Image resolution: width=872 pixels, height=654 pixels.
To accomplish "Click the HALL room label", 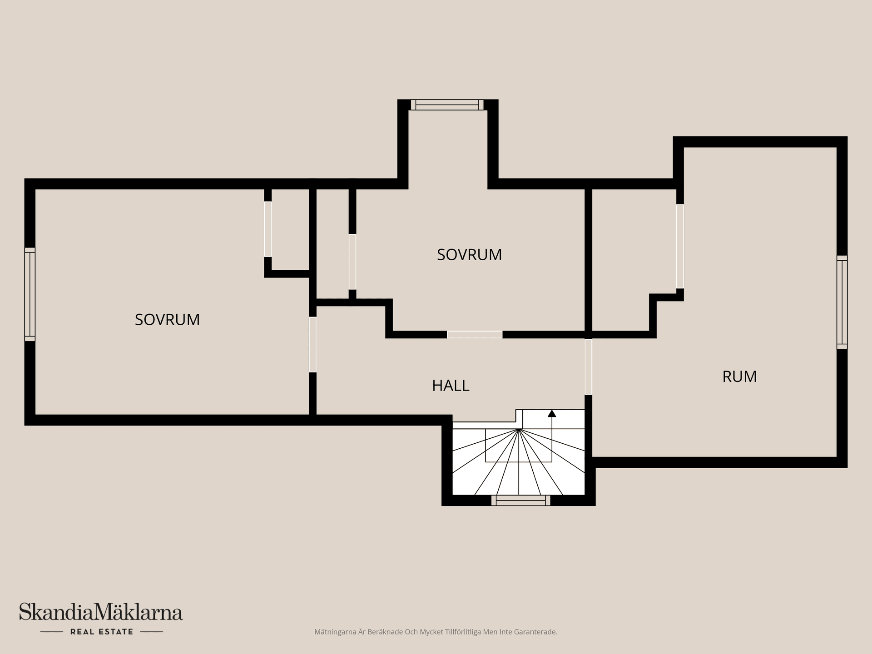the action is (x=451, y=386).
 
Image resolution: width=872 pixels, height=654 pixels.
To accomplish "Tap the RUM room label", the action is (x=739, y=377).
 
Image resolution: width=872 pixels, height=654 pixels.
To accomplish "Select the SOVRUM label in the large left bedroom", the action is (x=167, y=320).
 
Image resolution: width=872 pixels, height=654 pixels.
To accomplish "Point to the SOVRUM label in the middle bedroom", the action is (x=469, y=254).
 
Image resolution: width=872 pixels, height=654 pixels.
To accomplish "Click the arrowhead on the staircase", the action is (x=552, y=413).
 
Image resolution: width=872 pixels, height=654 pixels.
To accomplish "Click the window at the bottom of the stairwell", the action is (x=520, y=500).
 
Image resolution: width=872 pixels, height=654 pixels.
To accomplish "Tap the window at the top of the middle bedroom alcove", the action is (x=447, y=105).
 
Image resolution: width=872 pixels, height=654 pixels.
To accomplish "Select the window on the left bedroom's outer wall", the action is (x=30, y=294).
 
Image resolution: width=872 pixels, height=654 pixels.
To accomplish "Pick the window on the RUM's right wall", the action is (x=842, y=302).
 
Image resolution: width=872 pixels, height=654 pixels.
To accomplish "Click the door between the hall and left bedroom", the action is (x=312, y=344).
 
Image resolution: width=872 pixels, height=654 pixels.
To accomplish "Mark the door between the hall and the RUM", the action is (x=588, y=367).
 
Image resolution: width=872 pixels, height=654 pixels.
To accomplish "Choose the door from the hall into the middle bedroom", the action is (x=475, y=335).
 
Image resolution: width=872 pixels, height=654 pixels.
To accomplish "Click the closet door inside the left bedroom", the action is (x=268, y=229).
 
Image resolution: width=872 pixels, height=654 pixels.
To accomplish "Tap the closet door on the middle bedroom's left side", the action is (x=352, y=262).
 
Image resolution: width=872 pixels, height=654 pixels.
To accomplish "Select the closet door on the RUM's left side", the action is (x=680, y=246).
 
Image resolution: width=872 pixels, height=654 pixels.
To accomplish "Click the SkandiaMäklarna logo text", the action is (x=101, y=612).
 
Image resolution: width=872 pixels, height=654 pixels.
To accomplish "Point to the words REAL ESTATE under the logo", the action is (x=102, y=632).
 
